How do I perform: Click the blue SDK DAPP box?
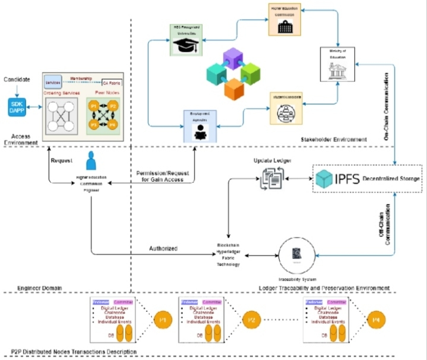(15, 107)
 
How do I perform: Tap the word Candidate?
(17, 80)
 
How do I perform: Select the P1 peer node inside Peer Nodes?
(93, 106)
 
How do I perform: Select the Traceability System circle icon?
(295, 254)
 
